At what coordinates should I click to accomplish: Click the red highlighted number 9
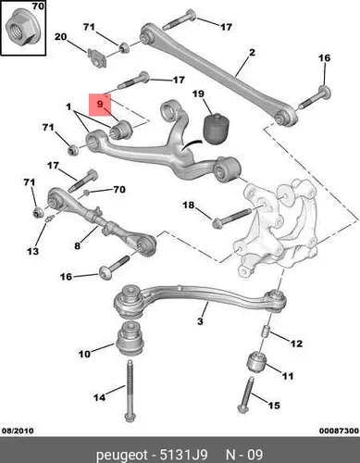[100, 104]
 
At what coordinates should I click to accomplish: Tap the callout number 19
[198, 94]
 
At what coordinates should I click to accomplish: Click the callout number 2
[252, 52]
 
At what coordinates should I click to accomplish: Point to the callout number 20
[60, 37]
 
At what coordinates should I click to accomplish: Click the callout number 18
[189, 205]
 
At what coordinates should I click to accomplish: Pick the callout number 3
[200, 321]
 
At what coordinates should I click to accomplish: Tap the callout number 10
[84, 354]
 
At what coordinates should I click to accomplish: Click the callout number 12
[296, 344]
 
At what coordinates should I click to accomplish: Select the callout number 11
[288, 376]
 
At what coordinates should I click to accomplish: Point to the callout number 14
[99, 397]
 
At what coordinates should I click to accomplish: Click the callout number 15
[274, 405]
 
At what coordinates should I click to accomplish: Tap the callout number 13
[32, 251]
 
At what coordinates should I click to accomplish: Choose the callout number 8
[77, 245]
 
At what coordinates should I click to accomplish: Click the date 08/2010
[18, 431]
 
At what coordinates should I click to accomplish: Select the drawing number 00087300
[339, 431]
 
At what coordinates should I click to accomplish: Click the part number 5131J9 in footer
[183, 455]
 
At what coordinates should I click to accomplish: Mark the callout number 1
[68, 107]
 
